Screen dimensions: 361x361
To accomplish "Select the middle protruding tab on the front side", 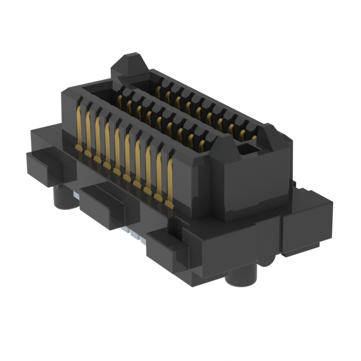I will [100, 206].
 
